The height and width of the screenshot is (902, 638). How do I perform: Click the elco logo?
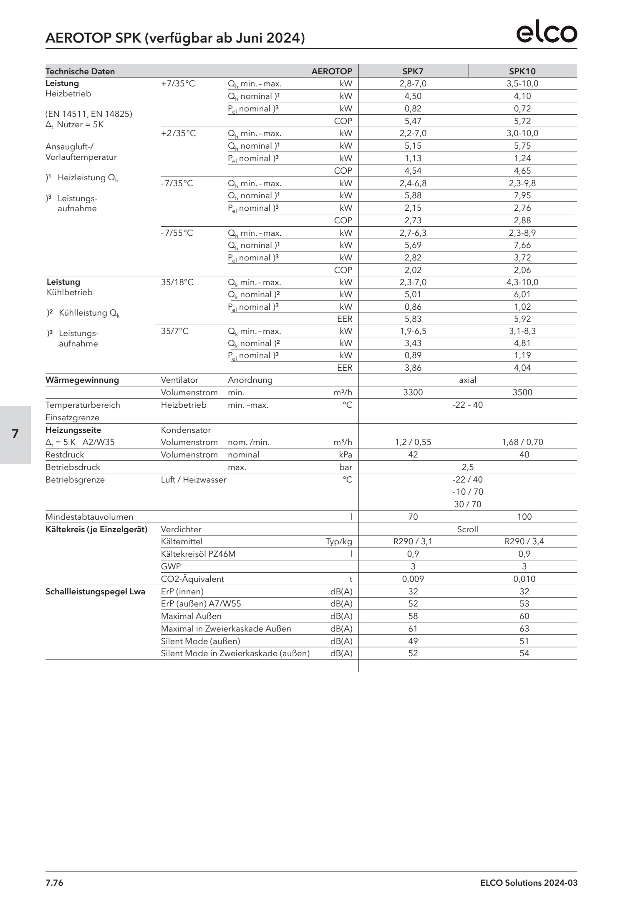pyautogui.click(x=547, y=33)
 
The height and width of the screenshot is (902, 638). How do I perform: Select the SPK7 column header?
pyautogui.click(x=413, y=71)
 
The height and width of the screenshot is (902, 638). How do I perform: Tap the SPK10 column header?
pyautogui.click(x=522, y=71)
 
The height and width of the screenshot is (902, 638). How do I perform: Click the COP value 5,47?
pyautogui.click(x=413, y=121)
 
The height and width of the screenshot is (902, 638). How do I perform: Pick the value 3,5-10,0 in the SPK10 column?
pyautogui.click(x=522, y=83)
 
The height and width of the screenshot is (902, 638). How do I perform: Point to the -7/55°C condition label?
pyautogui.click(x=177, y=233)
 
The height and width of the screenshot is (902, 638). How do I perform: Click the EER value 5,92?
pyautogui.click(x=522, y=319)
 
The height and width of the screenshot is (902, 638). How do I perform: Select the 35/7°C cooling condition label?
pyautogui.click(x=175, y=331)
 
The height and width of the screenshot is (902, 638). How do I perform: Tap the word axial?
pyautogui.click(x=467, y=380)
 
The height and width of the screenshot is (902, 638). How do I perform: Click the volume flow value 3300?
pyautogui.click(x=413, y=392)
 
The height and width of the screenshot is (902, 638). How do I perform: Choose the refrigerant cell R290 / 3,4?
pyautogui.click(x=524, y=541)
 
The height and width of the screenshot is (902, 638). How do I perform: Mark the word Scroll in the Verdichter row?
pyautogui.click(x=467, y=529)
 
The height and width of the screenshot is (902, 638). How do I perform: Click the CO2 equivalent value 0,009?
pyautogui.click(x=413, y=579)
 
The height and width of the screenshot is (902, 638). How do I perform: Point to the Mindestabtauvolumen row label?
pyautogui.click(x=89, y=517)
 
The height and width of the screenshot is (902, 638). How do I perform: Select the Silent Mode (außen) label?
pyautogui.click(x=200, y=641)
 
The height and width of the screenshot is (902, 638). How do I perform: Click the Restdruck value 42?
pyautogui.click(x=413, y=455)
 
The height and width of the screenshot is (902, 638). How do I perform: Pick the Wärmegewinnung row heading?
pyautogui.click(x=82, y=380)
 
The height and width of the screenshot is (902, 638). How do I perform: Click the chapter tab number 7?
pyautogui.click(x=15, y=434)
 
